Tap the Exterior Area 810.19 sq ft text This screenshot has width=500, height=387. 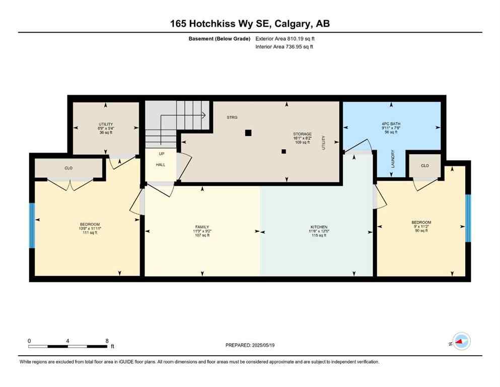pos(285,38)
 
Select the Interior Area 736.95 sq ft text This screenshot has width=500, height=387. pos(285,47)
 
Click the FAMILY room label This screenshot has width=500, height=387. pos(202,227)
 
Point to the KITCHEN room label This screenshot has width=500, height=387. pos(319,227)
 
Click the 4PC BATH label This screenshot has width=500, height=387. pos(391,123)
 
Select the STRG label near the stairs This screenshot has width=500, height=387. pos(232,117)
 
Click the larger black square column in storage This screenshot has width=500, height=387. pos(248,133)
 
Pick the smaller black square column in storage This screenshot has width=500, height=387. pos(283,151)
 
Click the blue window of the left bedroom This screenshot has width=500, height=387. pos(32,225)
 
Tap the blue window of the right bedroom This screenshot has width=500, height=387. pos(468,218)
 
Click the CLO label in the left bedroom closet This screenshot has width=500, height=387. pos(68,168)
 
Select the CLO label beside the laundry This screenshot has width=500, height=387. pos(424,165)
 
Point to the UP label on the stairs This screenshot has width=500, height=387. pos(161,154)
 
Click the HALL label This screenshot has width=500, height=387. pos(160,165)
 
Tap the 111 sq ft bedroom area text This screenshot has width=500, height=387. pos(90,233)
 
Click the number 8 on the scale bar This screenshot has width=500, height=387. pos(107,341)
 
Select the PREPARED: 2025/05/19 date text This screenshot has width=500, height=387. pos(250,345)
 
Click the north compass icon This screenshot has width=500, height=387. pos(461,341)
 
